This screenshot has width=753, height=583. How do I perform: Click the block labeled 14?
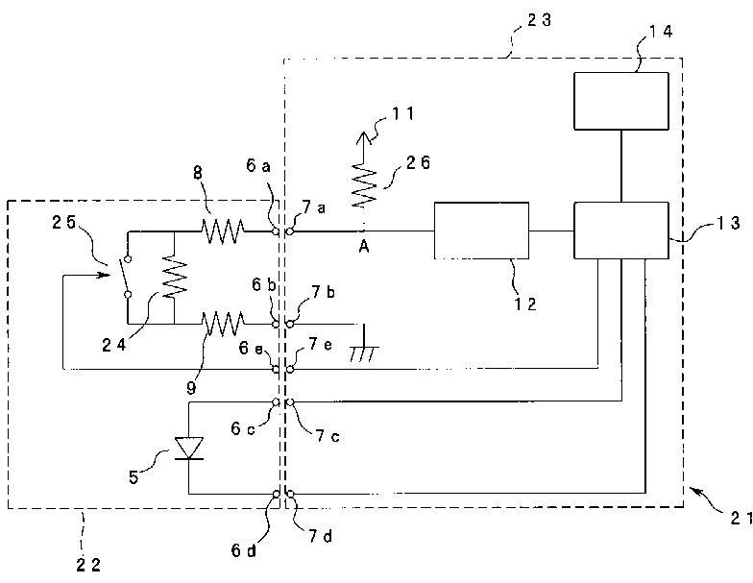(x=620, y=101)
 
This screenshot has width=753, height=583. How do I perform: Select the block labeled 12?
(x=482, y=231)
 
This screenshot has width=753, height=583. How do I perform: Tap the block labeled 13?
(x=620, y=231)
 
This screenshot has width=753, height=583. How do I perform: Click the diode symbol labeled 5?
(x=188, y=448)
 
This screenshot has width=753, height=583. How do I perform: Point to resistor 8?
(x=223, y=231)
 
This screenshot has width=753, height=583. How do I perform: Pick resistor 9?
(x=223, y=323)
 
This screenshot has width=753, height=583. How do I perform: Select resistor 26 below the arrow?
(x=363, y=186)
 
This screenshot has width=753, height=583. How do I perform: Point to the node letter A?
(x=364, y=247)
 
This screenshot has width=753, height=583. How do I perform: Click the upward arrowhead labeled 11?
(x=363, y=138)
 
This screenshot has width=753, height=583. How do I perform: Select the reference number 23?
(x=540, y=20)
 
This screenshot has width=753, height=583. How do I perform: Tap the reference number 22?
(x=88, y=565)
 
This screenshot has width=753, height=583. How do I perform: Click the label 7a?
(x=315, y=207)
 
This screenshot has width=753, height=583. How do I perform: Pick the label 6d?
(x=244, y=550)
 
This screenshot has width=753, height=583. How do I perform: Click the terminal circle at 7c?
(x=290, y=401)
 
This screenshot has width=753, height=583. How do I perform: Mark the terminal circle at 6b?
(x=276, y=325)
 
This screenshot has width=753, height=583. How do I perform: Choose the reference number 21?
(x=741, y=519)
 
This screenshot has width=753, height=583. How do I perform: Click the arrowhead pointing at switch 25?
(x=102, y=276)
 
